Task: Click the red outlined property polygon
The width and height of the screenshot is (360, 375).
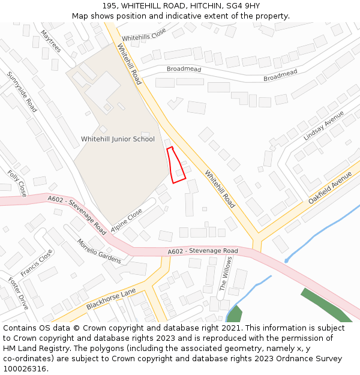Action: (x=175, y=165)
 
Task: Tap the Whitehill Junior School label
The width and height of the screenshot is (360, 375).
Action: (x=118, y=139)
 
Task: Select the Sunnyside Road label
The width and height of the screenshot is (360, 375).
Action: (x=22, y=92)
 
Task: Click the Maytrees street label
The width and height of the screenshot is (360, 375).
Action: (x=51, y=41)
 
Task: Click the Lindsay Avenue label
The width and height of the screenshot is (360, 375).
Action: (x=323, y=125)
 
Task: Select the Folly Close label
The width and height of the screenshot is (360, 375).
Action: (x=17, y=183)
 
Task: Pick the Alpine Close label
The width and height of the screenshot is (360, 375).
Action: (x=127, y=220)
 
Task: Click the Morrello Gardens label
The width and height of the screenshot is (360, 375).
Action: (x=99, y=251)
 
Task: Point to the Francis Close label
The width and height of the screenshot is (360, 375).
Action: (x=37, y=264)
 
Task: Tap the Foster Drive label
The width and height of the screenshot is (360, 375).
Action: (x=18, y=293)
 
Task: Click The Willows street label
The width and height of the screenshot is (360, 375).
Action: (x=226, y=273)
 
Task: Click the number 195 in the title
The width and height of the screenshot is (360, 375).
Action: (x=110, y=6)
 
